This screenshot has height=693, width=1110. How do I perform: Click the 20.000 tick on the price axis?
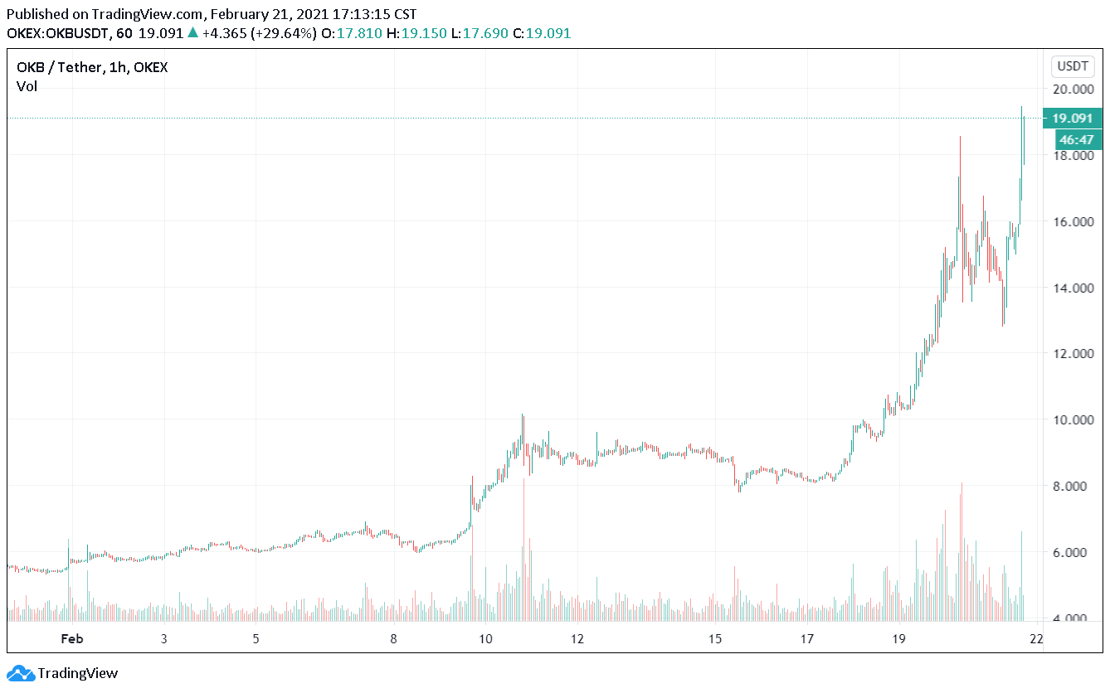click(1073, 89)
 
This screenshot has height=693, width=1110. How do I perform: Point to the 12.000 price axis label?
click(1073, 353)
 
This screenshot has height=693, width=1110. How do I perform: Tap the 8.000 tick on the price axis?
click(1073, 486)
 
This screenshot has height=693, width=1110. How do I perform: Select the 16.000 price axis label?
click(1073, 221)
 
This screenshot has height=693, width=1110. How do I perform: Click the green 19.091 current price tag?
click(1072, 119)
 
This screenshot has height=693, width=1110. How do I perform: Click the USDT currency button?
click(1073, 66)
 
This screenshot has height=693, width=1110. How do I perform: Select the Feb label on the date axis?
click(72, 639)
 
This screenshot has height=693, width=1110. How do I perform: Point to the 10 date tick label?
click(485, 639)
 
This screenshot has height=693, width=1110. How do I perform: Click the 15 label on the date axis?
click(714, 639)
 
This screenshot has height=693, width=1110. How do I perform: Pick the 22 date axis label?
click(1036, 639)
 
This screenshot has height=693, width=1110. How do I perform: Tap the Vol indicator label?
click(27, 86)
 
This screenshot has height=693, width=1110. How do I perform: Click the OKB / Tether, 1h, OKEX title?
click(92, 67)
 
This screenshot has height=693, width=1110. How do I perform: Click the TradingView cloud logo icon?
click(21, 673)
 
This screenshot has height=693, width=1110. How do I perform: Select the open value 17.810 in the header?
click(359, 34)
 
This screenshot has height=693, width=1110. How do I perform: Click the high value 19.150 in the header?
click(424, 34)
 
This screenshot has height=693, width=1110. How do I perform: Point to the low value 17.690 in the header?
click(485, 34)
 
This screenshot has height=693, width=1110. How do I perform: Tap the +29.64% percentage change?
click(284, 34)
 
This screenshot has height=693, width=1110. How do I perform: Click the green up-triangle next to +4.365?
click(192, 33)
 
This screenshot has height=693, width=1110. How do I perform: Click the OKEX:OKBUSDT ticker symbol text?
click(57, 34)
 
